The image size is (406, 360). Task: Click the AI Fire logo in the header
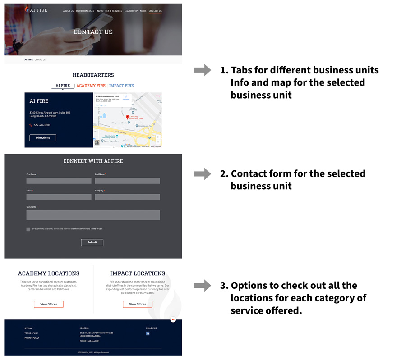pos(36,10)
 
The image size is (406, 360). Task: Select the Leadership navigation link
pos(131,11)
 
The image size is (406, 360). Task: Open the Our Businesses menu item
pos(85,11)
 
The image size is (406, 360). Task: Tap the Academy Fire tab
pos(91,86)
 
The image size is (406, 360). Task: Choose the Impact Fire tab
pos(121,86)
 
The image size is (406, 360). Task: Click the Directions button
pos(43,138)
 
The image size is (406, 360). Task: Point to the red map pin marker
pos(127,117)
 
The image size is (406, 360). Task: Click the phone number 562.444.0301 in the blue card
pos(42,125)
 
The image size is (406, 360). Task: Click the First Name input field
pos(59,181)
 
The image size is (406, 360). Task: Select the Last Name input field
pos(127,181)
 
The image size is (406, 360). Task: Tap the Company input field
pos(127,197)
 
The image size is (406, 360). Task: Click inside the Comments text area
pos(93,215)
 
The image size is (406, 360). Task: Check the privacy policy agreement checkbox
pos(28,229)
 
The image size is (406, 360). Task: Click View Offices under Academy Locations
pos(49,305)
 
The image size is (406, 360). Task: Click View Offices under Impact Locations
pos(138,305)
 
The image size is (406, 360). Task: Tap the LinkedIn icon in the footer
pos(148,334)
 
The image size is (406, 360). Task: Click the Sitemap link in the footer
pos(29,328)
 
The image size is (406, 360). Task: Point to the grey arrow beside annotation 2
pos(202,174)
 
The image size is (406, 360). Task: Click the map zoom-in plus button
pos(158,137)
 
